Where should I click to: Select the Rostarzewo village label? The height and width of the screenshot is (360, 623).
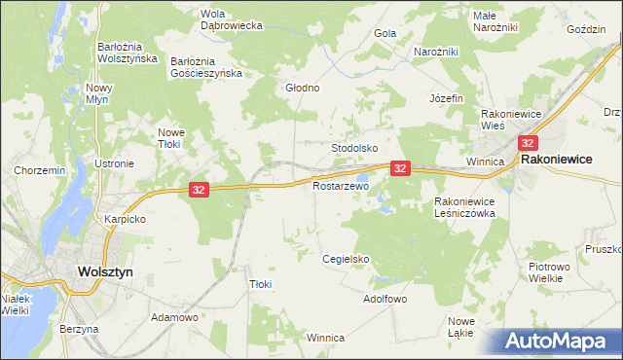coord(341,185)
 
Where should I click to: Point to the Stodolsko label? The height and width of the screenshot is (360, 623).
coord(354,148)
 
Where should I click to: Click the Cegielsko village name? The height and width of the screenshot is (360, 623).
coord(346,259)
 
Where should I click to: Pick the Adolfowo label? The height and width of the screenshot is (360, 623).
coord(385,299)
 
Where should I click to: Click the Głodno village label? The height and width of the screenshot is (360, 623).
coord(302,88)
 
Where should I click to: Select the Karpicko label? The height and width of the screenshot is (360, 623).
coord(126,219)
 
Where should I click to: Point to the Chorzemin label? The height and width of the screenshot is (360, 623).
coord(39,170)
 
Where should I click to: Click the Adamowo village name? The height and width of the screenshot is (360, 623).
coord(175,317)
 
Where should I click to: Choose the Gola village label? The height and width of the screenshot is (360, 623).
coord(385,33)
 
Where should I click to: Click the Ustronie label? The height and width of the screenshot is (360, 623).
coord(114,163)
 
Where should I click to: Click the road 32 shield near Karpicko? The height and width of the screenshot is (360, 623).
coord(198,190)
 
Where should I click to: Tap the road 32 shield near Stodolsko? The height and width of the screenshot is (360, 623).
coord(400,168)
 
